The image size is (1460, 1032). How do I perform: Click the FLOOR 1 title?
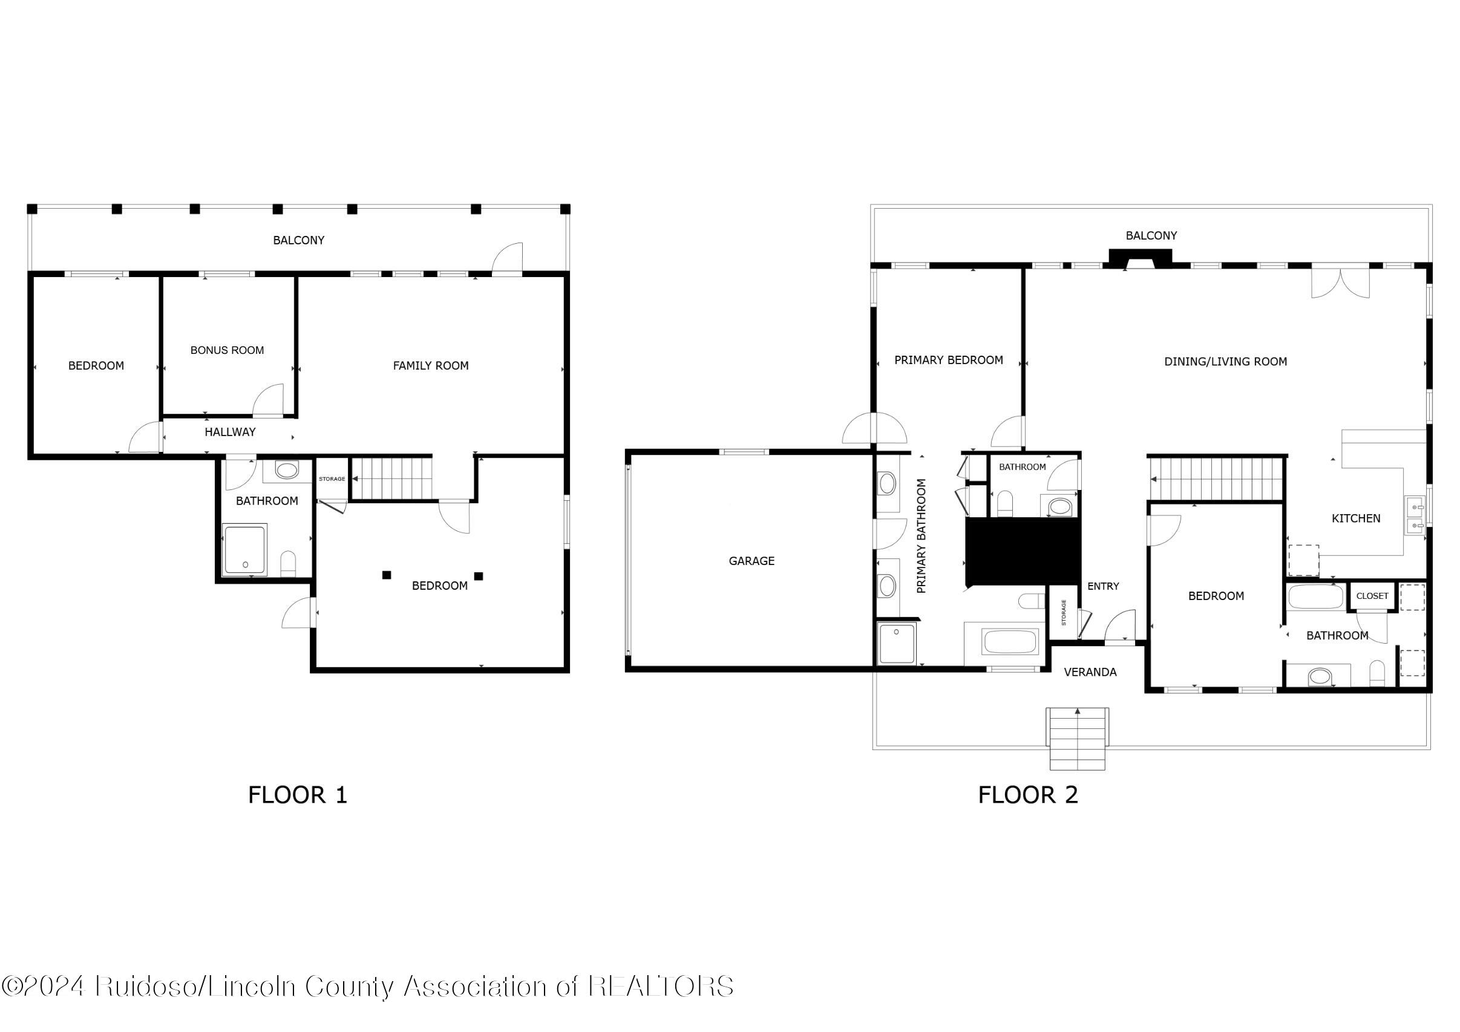click(x=298, y=795)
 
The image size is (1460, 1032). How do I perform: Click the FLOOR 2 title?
click(x=1027, y=795)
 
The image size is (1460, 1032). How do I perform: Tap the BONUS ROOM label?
click(x=227, y=350)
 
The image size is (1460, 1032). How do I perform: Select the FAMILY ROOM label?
click(x=430, y=365)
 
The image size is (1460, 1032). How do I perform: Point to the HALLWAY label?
click(x=229, y=433)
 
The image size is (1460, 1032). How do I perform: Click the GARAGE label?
click(x=751, y=561)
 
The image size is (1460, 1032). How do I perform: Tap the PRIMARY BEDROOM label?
click(x=948, y=361)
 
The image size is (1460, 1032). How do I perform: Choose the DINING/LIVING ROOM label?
click(x=1225, y=362)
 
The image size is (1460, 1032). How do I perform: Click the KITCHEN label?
click(x=1356, y=518)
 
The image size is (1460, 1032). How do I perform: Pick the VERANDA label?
click(x=1090, y=672)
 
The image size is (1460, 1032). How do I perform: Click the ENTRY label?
click(x=1102, y=586)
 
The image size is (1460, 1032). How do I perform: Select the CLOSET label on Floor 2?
click(x=1372, y=596)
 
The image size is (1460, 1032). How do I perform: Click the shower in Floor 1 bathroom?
click(x=245, y=549)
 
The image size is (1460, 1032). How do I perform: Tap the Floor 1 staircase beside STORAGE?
click(x=391, y=478)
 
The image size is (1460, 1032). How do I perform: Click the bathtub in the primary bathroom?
click(x=1010, y=642)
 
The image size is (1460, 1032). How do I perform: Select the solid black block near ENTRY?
click(x=1022, y=551)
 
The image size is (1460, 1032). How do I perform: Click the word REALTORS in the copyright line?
click(x=661, y=986)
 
